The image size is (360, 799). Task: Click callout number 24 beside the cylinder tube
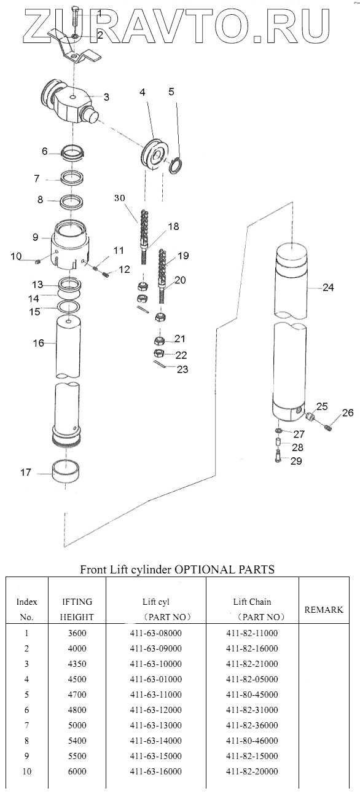click(328, 287)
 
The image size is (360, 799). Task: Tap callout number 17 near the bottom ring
click(26, 472)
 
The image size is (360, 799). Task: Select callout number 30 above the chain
click(120, 198)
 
